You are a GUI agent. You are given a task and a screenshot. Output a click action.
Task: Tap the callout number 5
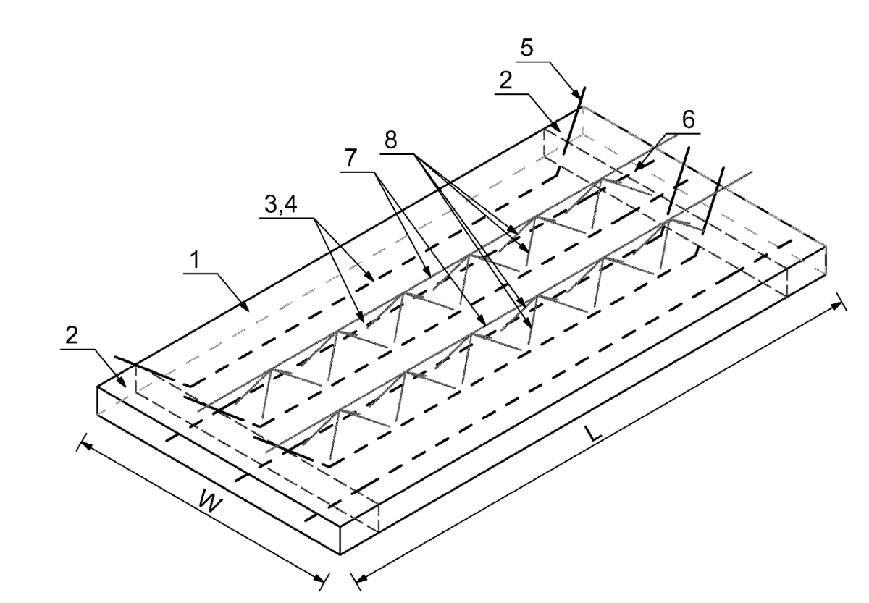tap(527, 48)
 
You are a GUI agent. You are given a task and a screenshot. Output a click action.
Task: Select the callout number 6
tap(687, 120)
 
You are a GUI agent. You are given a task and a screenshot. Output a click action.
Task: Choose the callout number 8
tap(390, 140)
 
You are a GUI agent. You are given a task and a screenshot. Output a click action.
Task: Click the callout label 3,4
tap(280, 204)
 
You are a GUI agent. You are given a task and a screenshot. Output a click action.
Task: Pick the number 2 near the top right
tap(505, 80)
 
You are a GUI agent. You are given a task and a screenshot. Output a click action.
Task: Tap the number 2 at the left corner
tap(72, 335)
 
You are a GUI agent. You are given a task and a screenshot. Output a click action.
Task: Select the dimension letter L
tap(593, 434)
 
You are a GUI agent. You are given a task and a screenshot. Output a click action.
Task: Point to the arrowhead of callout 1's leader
tap(245, 306)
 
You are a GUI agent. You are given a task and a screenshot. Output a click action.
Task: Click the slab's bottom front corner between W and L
tap(340, 554)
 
